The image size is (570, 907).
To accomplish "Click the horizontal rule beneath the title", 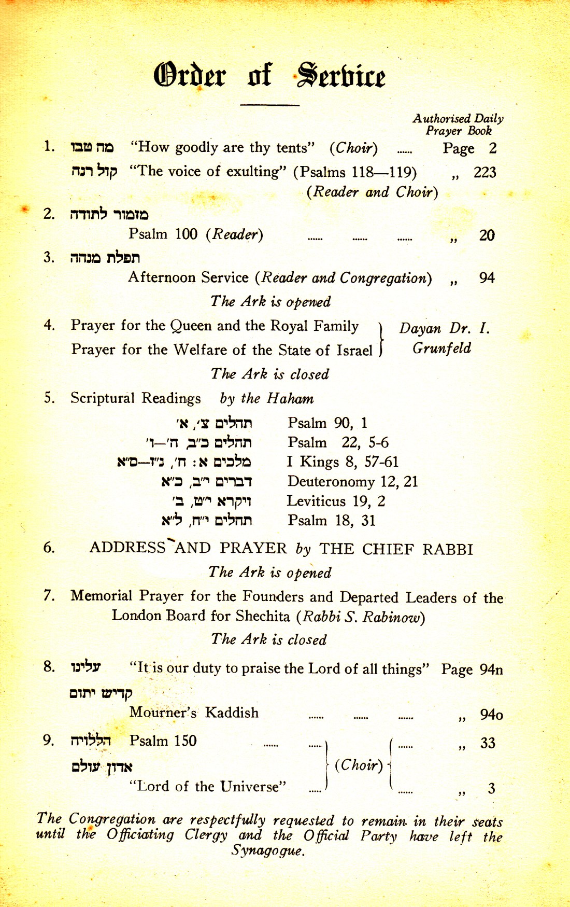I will point(269,105).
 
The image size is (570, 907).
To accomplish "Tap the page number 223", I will point(484,172).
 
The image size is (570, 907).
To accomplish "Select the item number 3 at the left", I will point(49,257).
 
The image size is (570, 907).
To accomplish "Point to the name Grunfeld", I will point(441,348).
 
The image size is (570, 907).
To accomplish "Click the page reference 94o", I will point(491,715).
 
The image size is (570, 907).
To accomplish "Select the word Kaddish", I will point(231,713).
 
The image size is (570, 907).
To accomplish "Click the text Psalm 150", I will point(163,741).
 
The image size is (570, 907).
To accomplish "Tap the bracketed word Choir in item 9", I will point(359,765).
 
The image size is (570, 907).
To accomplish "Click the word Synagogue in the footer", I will point(267,850).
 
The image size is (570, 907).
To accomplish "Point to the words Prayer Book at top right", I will point(458,131).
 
